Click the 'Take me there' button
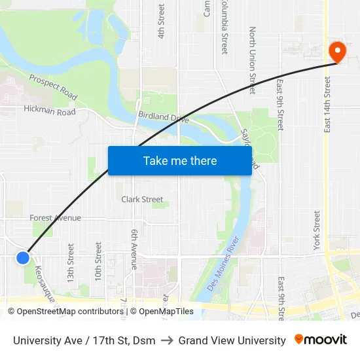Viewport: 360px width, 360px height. (180, 160)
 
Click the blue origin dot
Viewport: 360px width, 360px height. (23, 258)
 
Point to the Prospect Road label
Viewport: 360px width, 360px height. (52, 87)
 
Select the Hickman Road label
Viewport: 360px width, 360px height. (50, 111)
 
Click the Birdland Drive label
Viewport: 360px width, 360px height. (163, 118)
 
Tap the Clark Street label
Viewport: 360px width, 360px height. (142, 200)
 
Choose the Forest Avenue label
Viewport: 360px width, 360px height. (55, 218)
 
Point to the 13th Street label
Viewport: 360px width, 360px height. (71, 262)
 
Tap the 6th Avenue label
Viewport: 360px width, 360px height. (134, 249)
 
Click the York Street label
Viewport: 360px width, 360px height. (317, 230)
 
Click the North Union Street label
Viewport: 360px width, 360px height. (253, 60)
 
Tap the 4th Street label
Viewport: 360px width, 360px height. (161, 21)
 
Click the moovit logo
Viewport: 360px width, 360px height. (320, 340)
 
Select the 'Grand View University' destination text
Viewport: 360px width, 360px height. (232, 340)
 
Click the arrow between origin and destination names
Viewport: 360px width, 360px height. (167, 340)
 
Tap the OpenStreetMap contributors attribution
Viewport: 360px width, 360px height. (66, 312)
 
